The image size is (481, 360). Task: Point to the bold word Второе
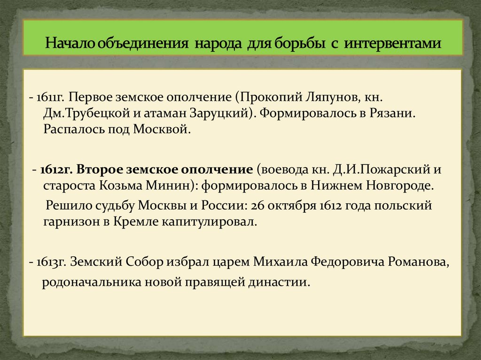pyautogui.click(x=96, y=169)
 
